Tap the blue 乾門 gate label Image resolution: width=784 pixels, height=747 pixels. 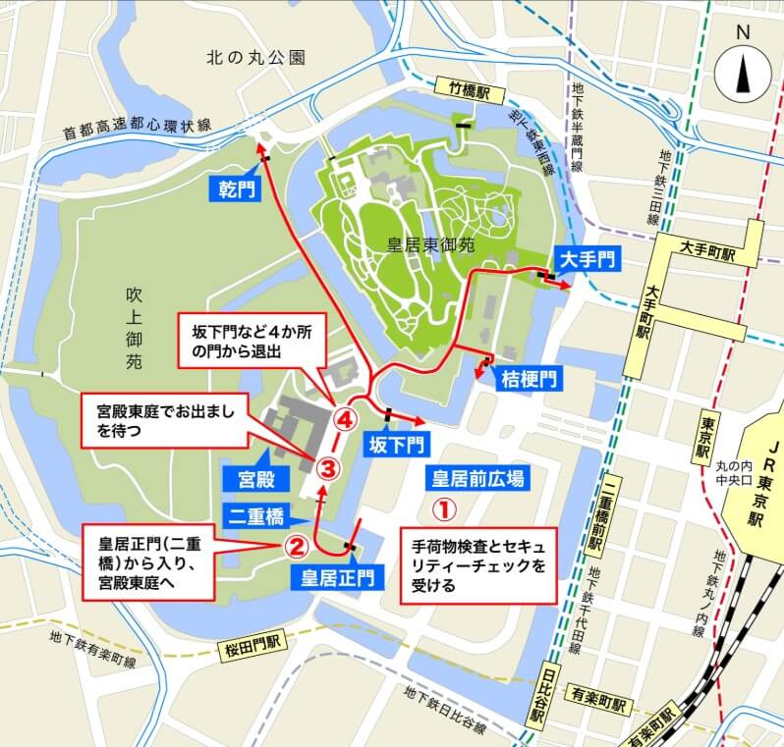tap(237, 187)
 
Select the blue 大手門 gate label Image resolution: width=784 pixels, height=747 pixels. tap(587, 259)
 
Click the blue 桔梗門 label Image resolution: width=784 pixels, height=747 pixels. tap(529, 377)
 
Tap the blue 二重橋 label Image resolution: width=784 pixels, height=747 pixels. tap(258, 514)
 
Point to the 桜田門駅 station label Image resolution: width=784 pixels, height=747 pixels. tap(256, 651)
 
